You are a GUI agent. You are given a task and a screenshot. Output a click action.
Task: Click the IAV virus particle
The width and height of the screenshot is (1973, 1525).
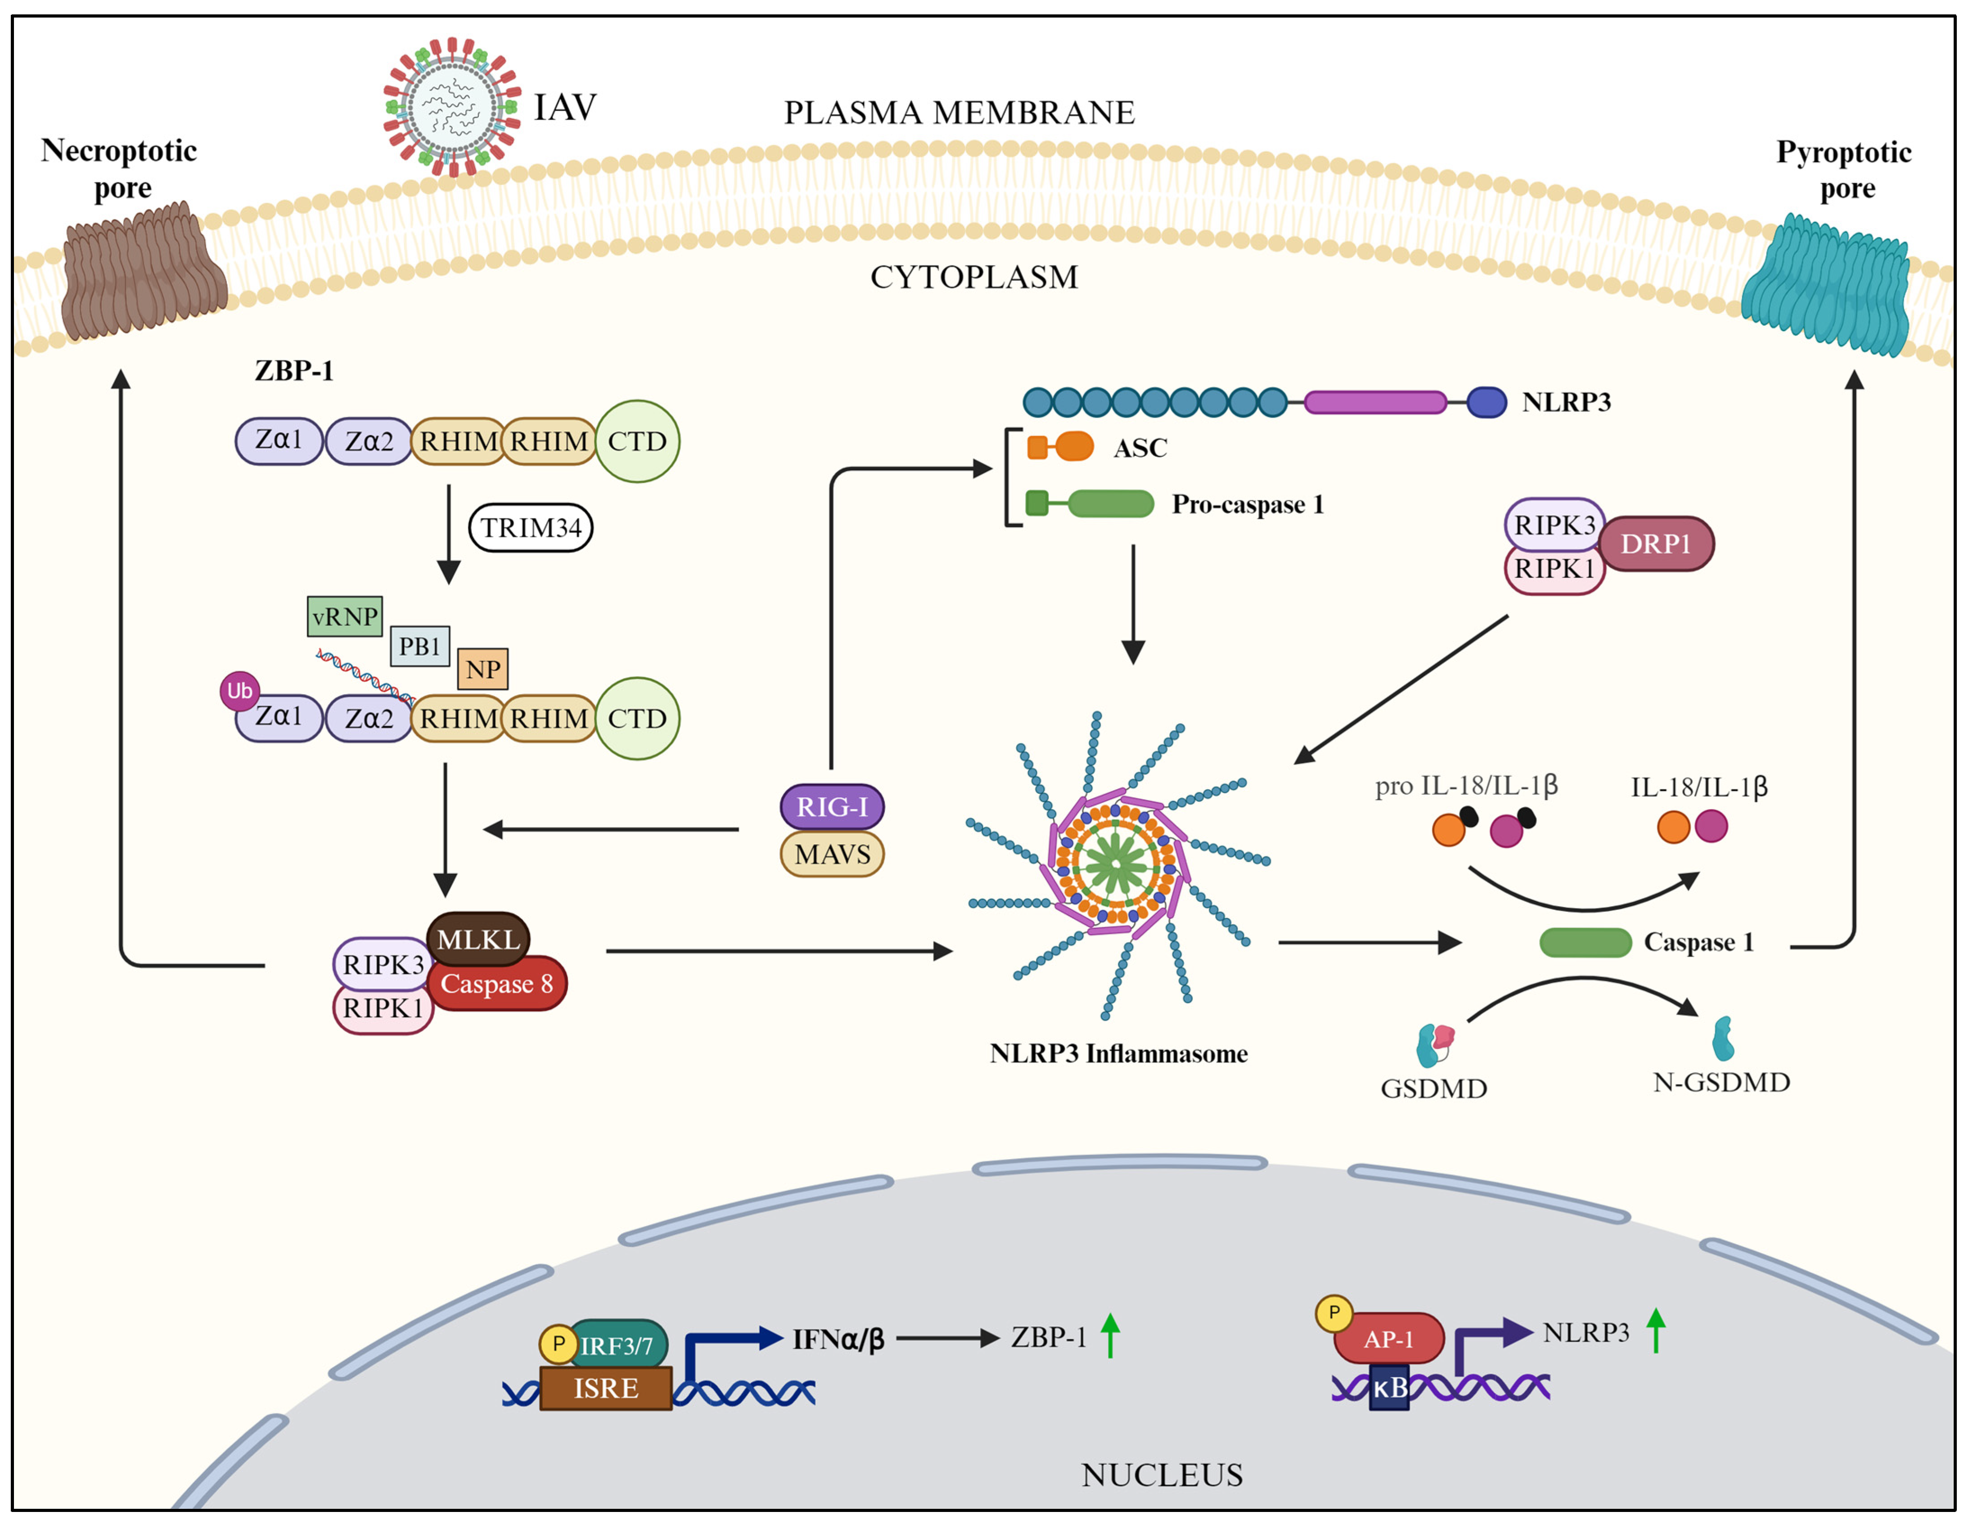click(x=452, y=107)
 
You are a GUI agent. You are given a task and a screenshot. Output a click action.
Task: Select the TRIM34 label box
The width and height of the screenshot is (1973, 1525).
click(x=530, y=527)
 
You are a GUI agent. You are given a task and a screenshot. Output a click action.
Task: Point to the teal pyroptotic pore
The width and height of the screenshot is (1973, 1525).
click(x=1825, y=284)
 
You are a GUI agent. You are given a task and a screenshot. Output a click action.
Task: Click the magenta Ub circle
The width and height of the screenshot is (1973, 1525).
click(x=239, y=691)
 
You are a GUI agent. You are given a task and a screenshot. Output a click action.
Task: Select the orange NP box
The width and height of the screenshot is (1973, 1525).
click(x=482, y=669)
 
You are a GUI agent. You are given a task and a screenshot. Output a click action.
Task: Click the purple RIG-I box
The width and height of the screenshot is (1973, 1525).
click(x=831, y=806)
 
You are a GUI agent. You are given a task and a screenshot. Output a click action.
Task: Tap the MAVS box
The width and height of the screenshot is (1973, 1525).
click(x=831, y=854)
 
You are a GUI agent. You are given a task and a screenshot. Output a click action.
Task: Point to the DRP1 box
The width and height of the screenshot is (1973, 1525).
click(x=1655, y=544)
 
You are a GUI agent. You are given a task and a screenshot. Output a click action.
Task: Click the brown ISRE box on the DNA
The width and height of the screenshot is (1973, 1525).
click(x=605, y=1388)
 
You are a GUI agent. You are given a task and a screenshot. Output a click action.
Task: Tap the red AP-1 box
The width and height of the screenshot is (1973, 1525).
click(x=1388, y=1339)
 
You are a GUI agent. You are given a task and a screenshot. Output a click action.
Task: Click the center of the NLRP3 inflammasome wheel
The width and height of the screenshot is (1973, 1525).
click(x=1117, y=864)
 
